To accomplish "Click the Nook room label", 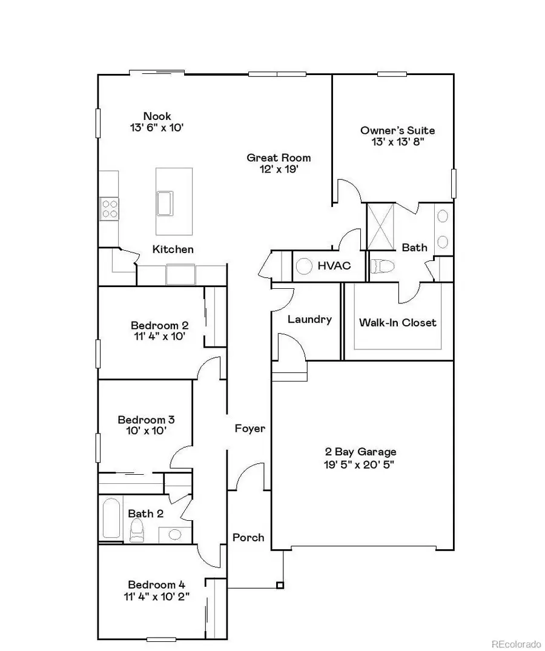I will click(x=157, y=116).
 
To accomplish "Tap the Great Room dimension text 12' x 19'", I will click(x=279, y=170).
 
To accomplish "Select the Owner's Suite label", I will click(x=397, y=130).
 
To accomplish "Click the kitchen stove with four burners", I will click(x=110, y=209).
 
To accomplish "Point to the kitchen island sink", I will click(x=165, y=202).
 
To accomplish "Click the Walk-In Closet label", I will click(x=397, y=322).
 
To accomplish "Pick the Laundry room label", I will click(x=309, y=319).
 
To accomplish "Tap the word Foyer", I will click(x=250, y=428).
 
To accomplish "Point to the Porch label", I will click(x=248, y=537).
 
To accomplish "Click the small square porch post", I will click(x=280, y=585).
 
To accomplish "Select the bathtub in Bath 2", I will click(x=111, y=517).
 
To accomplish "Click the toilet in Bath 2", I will click(x=137, y=531).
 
